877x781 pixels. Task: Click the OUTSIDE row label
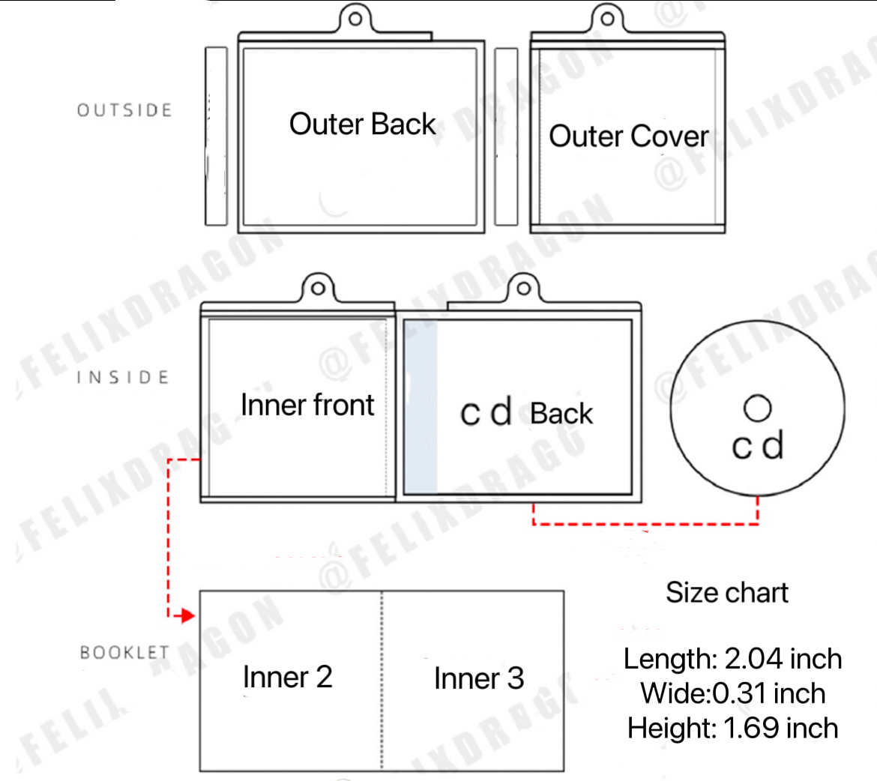[124, 110]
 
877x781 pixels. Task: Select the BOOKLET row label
[124, 652]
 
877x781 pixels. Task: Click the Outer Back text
[362, 124]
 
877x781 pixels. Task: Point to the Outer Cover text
[628, 136]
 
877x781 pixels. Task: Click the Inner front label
[307, 405]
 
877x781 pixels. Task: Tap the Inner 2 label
[287, 677]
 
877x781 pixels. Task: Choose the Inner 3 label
[479, 678]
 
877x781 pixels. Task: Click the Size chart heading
[727, 593]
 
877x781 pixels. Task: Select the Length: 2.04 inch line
[732, 659]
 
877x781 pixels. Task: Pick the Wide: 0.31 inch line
[732, 693]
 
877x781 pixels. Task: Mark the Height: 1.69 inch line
[732, 728]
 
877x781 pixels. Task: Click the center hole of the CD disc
[758, 408]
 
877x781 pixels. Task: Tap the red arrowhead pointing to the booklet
[184, 616]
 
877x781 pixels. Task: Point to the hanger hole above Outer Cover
[608, 18]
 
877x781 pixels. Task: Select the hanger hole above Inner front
[318, 288]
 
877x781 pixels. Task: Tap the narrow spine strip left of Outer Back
[216, 136]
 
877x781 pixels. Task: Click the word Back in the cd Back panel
[561, 414]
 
